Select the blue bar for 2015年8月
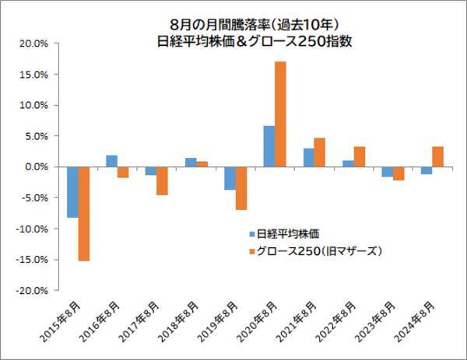72,192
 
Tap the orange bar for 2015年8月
83,214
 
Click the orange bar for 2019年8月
241,188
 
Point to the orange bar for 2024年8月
437,156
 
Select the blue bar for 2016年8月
111,161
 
